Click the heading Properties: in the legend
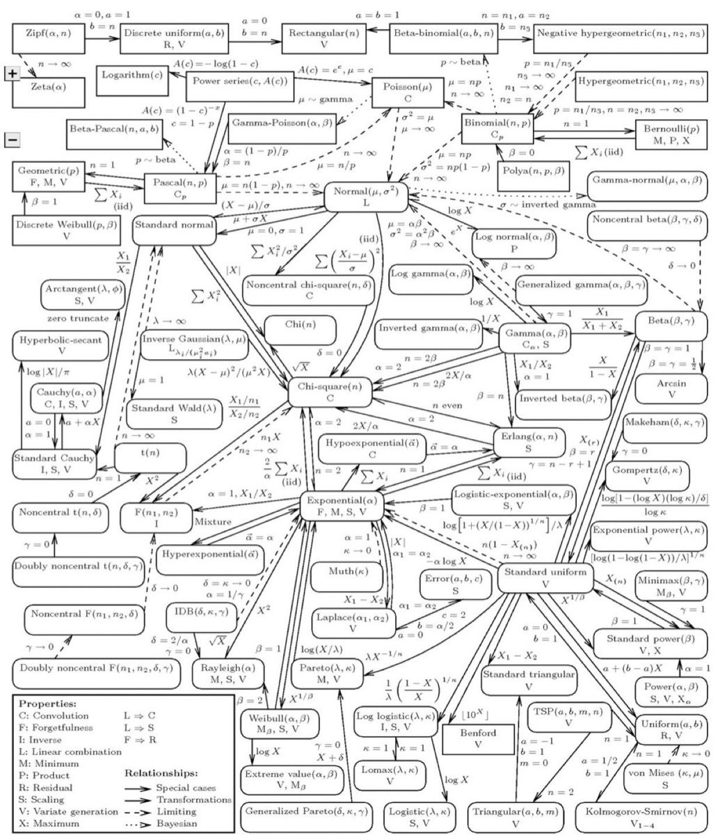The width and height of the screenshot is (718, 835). pyautogui.click(x=49, y=704)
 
